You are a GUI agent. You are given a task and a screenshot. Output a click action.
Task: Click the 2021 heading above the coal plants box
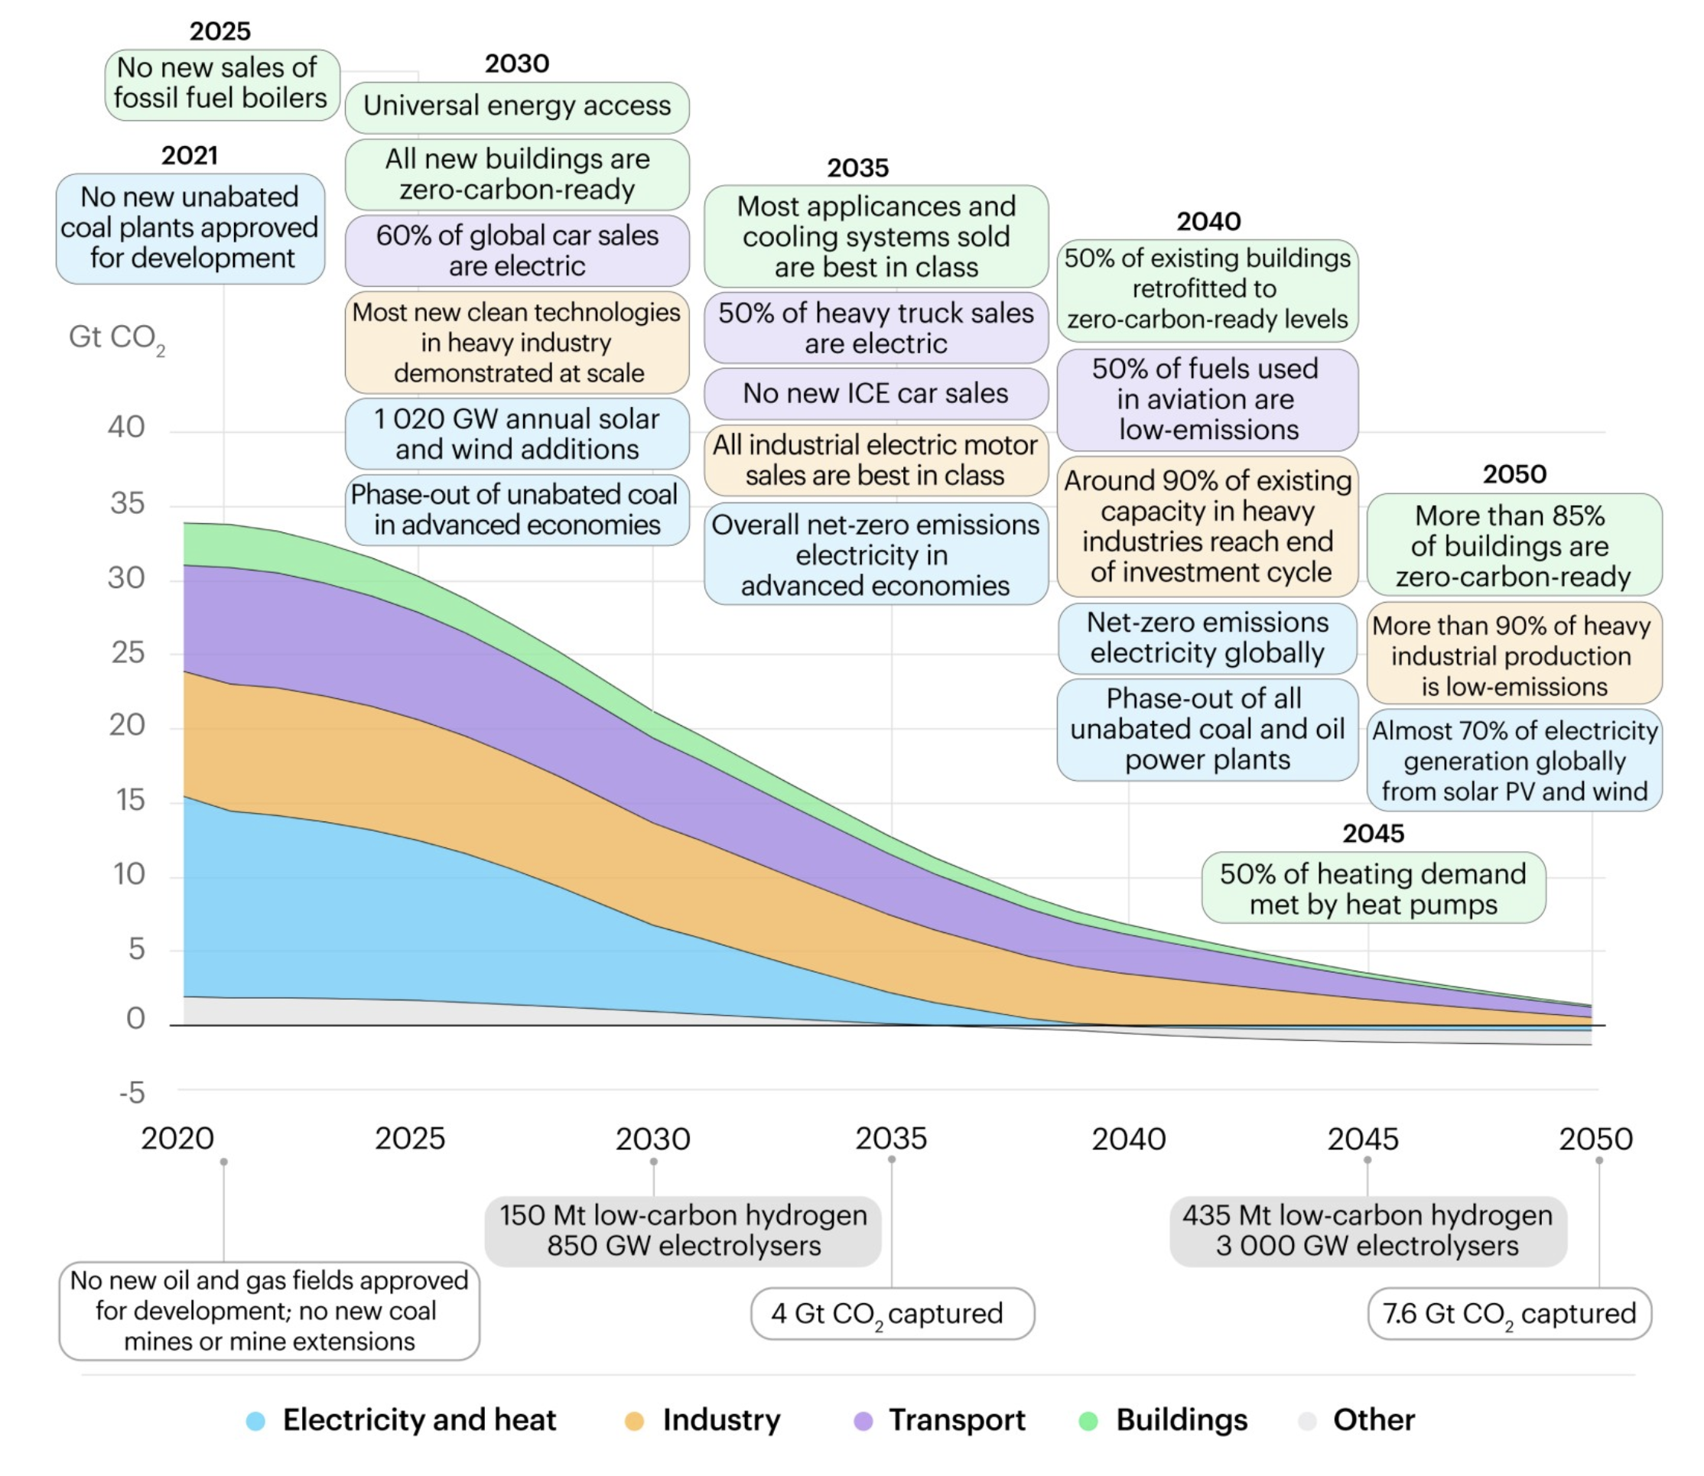[190, 156]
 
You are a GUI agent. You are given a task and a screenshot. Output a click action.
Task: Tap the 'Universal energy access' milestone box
[517, 107]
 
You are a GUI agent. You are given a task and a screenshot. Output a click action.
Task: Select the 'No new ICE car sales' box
[876, 394]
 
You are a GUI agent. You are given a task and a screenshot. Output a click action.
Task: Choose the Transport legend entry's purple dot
[863, 1421]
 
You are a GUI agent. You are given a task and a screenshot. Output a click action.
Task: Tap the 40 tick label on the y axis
[126, 427]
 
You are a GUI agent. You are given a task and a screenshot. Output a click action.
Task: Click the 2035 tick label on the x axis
[891, 1140]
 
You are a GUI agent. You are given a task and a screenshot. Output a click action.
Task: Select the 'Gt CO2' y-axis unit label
[117, 339]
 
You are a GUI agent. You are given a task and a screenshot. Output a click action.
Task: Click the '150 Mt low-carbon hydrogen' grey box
[683, 1231]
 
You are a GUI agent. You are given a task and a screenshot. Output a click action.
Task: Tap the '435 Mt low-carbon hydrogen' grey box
[1368, 1231]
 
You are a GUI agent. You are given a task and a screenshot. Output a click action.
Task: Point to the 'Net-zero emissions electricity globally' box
[1208, 639]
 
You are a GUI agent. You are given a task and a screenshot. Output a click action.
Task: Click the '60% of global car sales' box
[517, 250]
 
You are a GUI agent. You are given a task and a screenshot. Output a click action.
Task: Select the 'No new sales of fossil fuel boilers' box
[222, 84]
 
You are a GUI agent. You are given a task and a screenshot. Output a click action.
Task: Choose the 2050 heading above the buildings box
[1514, 474]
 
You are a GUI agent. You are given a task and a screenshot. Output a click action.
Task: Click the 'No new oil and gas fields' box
[269, 1312]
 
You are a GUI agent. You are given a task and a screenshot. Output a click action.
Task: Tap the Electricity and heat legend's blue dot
[255, 1421]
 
